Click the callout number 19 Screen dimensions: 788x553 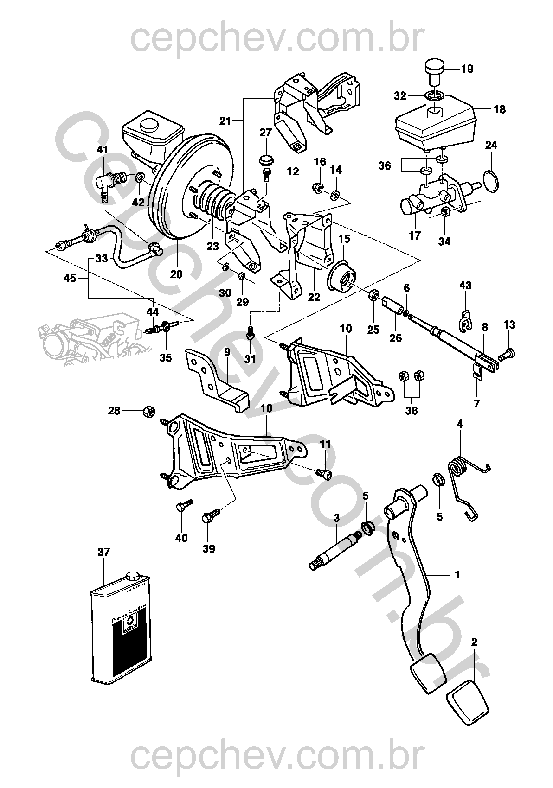click(467, 70)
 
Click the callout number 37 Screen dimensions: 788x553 click(103, 552)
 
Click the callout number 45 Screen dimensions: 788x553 click(70, 278)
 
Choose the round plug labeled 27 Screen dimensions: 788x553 click(266, 160)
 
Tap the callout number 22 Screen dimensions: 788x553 click(314, 297)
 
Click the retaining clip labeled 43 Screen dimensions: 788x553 click(466, 321)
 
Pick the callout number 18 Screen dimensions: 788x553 click(500, 110)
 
